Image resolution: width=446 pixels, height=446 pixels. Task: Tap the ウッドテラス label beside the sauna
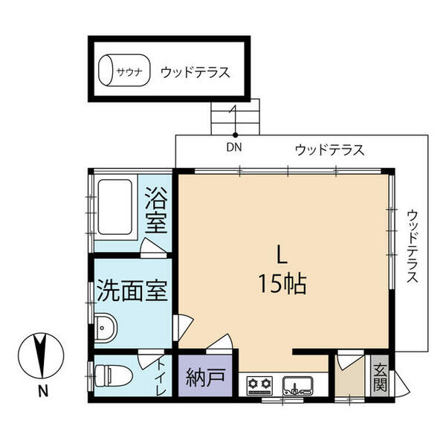point(193,73)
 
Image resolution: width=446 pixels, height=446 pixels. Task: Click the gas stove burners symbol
point(260,384)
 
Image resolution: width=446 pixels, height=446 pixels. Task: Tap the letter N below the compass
point(43,392)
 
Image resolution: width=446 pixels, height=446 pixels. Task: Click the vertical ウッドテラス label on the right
point(413,245)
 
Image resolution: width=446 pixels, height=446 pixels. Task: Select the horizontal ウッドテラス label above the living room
point(329,150)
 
